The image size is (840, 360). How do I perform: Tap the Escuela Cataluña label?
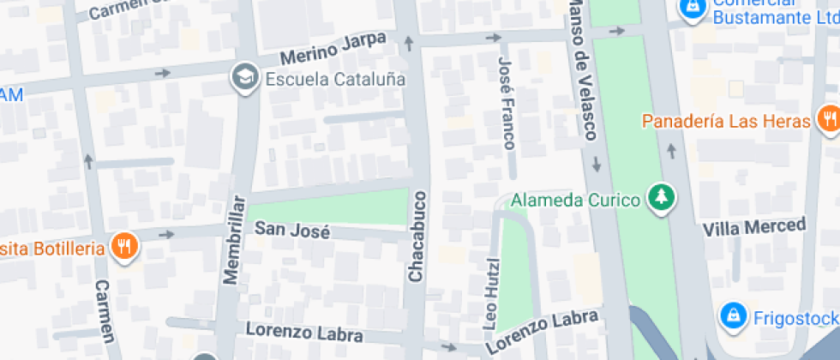(335, 79)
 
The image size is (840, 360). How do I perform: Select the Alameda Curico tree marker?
(661, 199)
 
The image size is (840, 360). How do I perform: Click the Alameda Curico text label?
(575, 201)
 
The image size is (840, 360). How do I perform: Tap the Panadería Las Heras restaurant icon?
(828, 119)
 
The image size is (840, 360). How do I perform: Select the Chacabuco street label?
(417, 237)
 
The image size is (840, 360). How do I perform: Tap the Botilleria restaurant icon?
(126, 249)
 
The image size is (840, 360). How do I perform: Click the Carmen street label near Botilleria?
(105, 310)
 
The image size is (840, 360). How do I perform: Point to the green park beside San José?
(330, 208)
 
